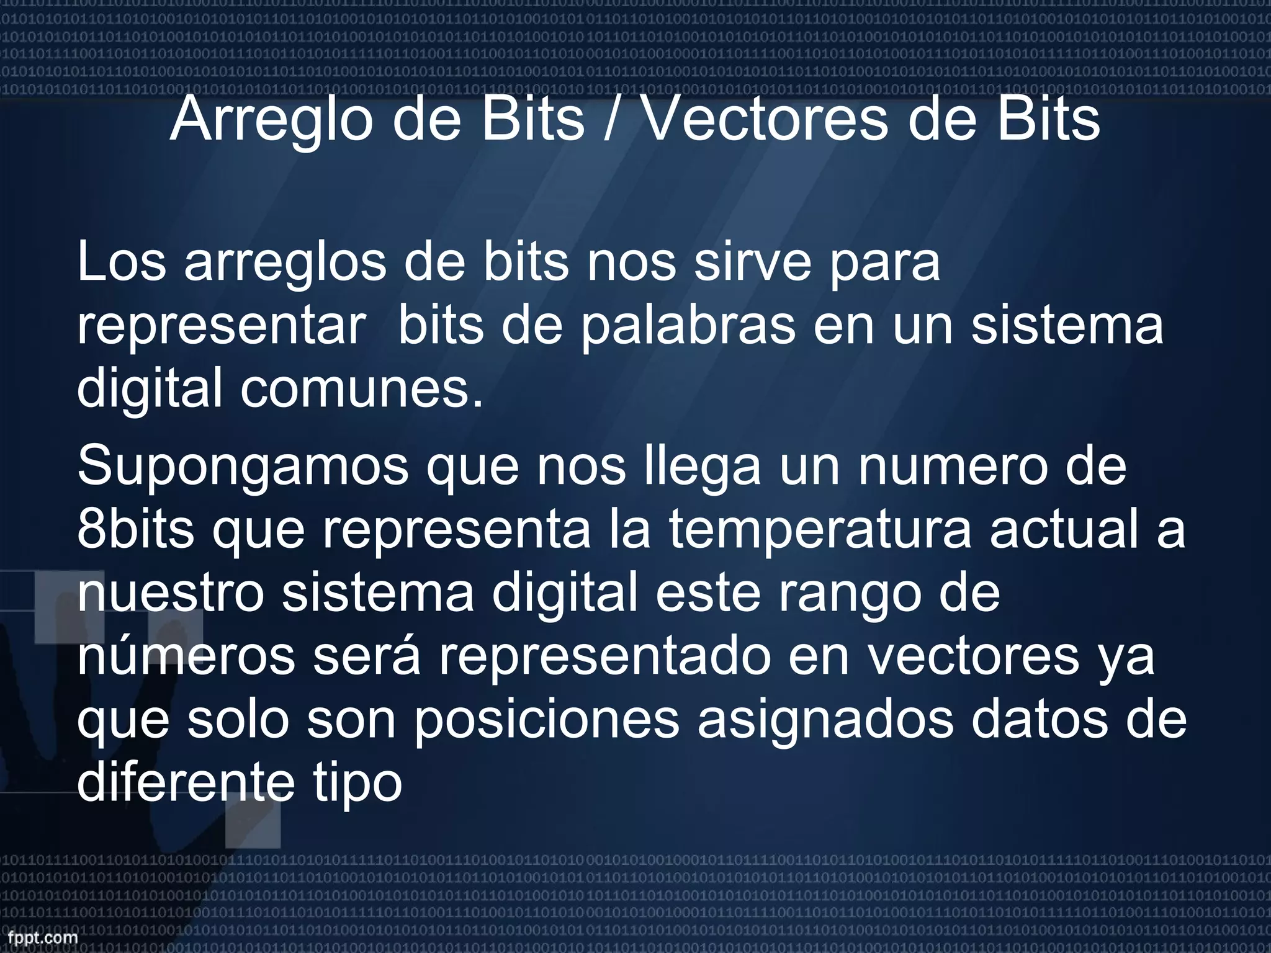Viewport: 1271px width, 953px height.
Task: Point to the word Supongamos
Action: click(243, 467)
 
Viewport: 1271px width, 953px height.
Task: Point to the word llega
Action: click(702, 467)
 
